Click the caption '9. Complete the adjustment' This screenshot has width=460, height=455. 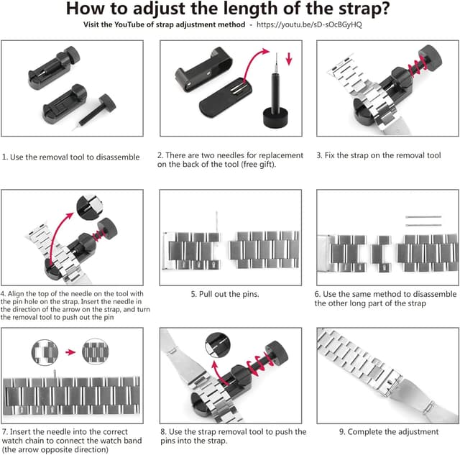[x=388, y=431]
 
